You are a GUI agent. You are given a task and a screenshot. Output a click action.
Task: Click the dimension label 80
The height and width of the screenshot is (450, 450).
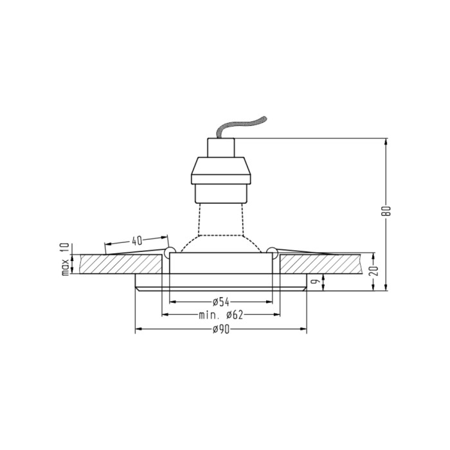388,212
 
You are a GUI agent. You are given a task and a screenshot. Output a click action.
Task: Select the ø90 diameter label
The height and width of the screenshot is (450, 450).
221,329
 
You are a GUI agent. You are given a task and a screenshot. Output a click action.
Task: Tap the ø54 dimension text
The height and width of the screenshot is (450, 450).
221,302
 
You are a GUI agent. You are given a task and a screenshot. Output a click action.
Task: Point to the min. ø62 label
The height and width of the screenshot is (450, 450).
221,316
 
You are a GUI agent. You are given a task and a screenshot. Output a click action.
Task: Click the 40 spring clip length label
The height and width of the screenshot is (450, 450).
137,241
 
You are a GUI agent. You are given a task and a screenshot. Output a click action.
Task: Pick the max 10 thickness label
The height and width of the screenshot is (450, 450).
66,260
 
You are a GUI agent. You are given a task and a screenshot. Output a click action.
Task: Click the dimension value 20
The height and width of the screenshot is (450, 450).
373,271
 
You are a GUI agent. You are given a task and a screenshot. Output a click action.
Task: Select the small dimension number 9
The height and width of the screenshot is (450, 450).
316,282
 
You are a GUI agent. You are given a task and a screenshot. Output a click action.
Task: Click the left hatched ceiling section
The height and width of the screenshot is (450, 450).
121,264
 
